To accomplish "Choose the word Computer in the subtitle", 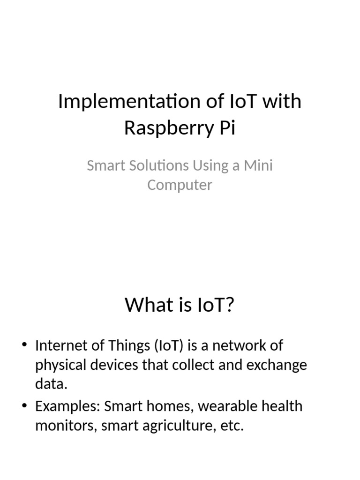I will point(180,185).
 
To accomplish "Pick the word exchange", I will point(278,365).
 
